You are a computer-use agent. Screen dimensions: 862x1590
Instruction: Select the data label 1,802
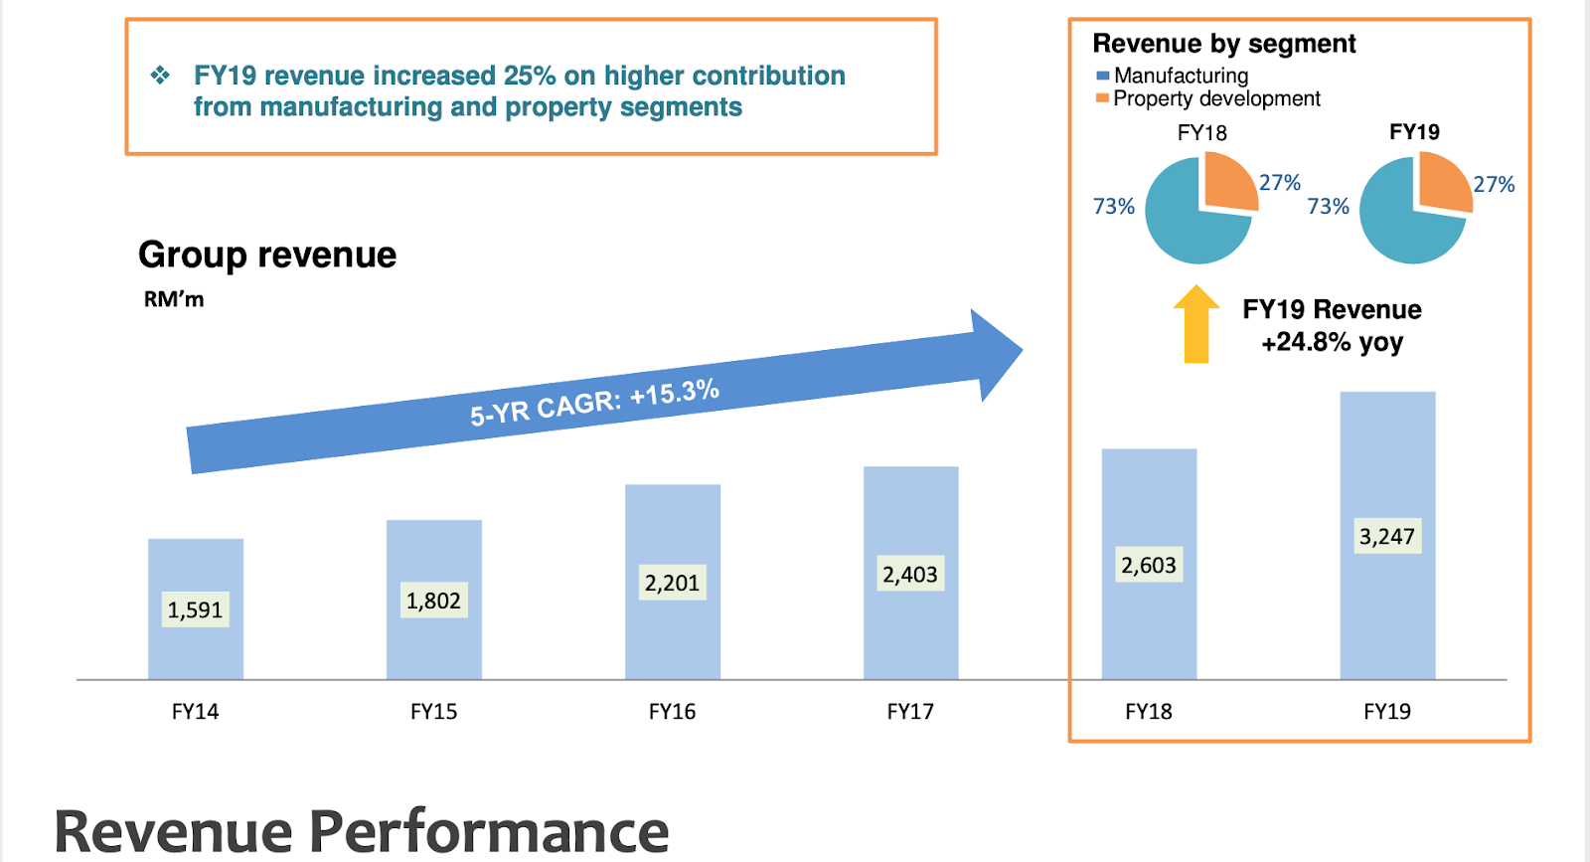[x=433, y=601]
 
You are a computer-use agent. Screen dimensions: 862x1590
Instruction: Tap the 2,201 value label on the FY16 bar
[x=672, y=583]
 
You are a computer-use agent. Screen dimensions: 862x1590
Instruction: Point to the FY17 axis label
[x=910, y=712]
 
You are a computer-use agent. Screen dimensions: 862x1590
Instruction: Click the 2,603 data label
[x=1149, y=565]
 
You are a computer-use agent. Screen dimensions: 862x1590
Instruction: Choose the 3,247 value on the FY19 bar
[x=1387, y=537]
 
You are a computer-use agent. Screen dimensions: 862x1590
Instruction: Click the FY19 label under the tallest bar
[x=1387, y=712]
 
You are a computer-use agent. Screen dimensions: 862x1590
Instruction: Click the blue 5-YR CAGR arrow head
[x=994, y=354]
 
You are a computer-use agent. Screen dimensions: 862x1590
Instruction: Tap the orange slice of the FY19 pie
[x=1443, y=182]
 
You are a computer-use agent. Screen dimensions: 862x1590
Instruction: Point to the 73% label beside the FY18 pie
[x=1114, y=207]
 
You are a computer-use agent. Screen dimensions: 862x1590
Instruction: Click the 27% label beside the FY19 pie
[x=1494, y=185]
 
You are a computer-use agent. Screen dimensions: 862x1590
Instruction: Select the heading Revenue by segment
[x=1224, y=44]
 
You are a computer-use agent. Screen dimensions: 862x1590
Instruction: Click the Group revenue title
[x=267, y=256]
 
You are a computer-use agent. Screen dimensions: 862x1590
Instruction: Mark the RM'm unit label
[x=174, y=300]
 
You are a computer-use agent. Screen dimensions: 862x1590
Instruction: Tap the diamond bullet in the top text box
[x=160, y=76]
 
